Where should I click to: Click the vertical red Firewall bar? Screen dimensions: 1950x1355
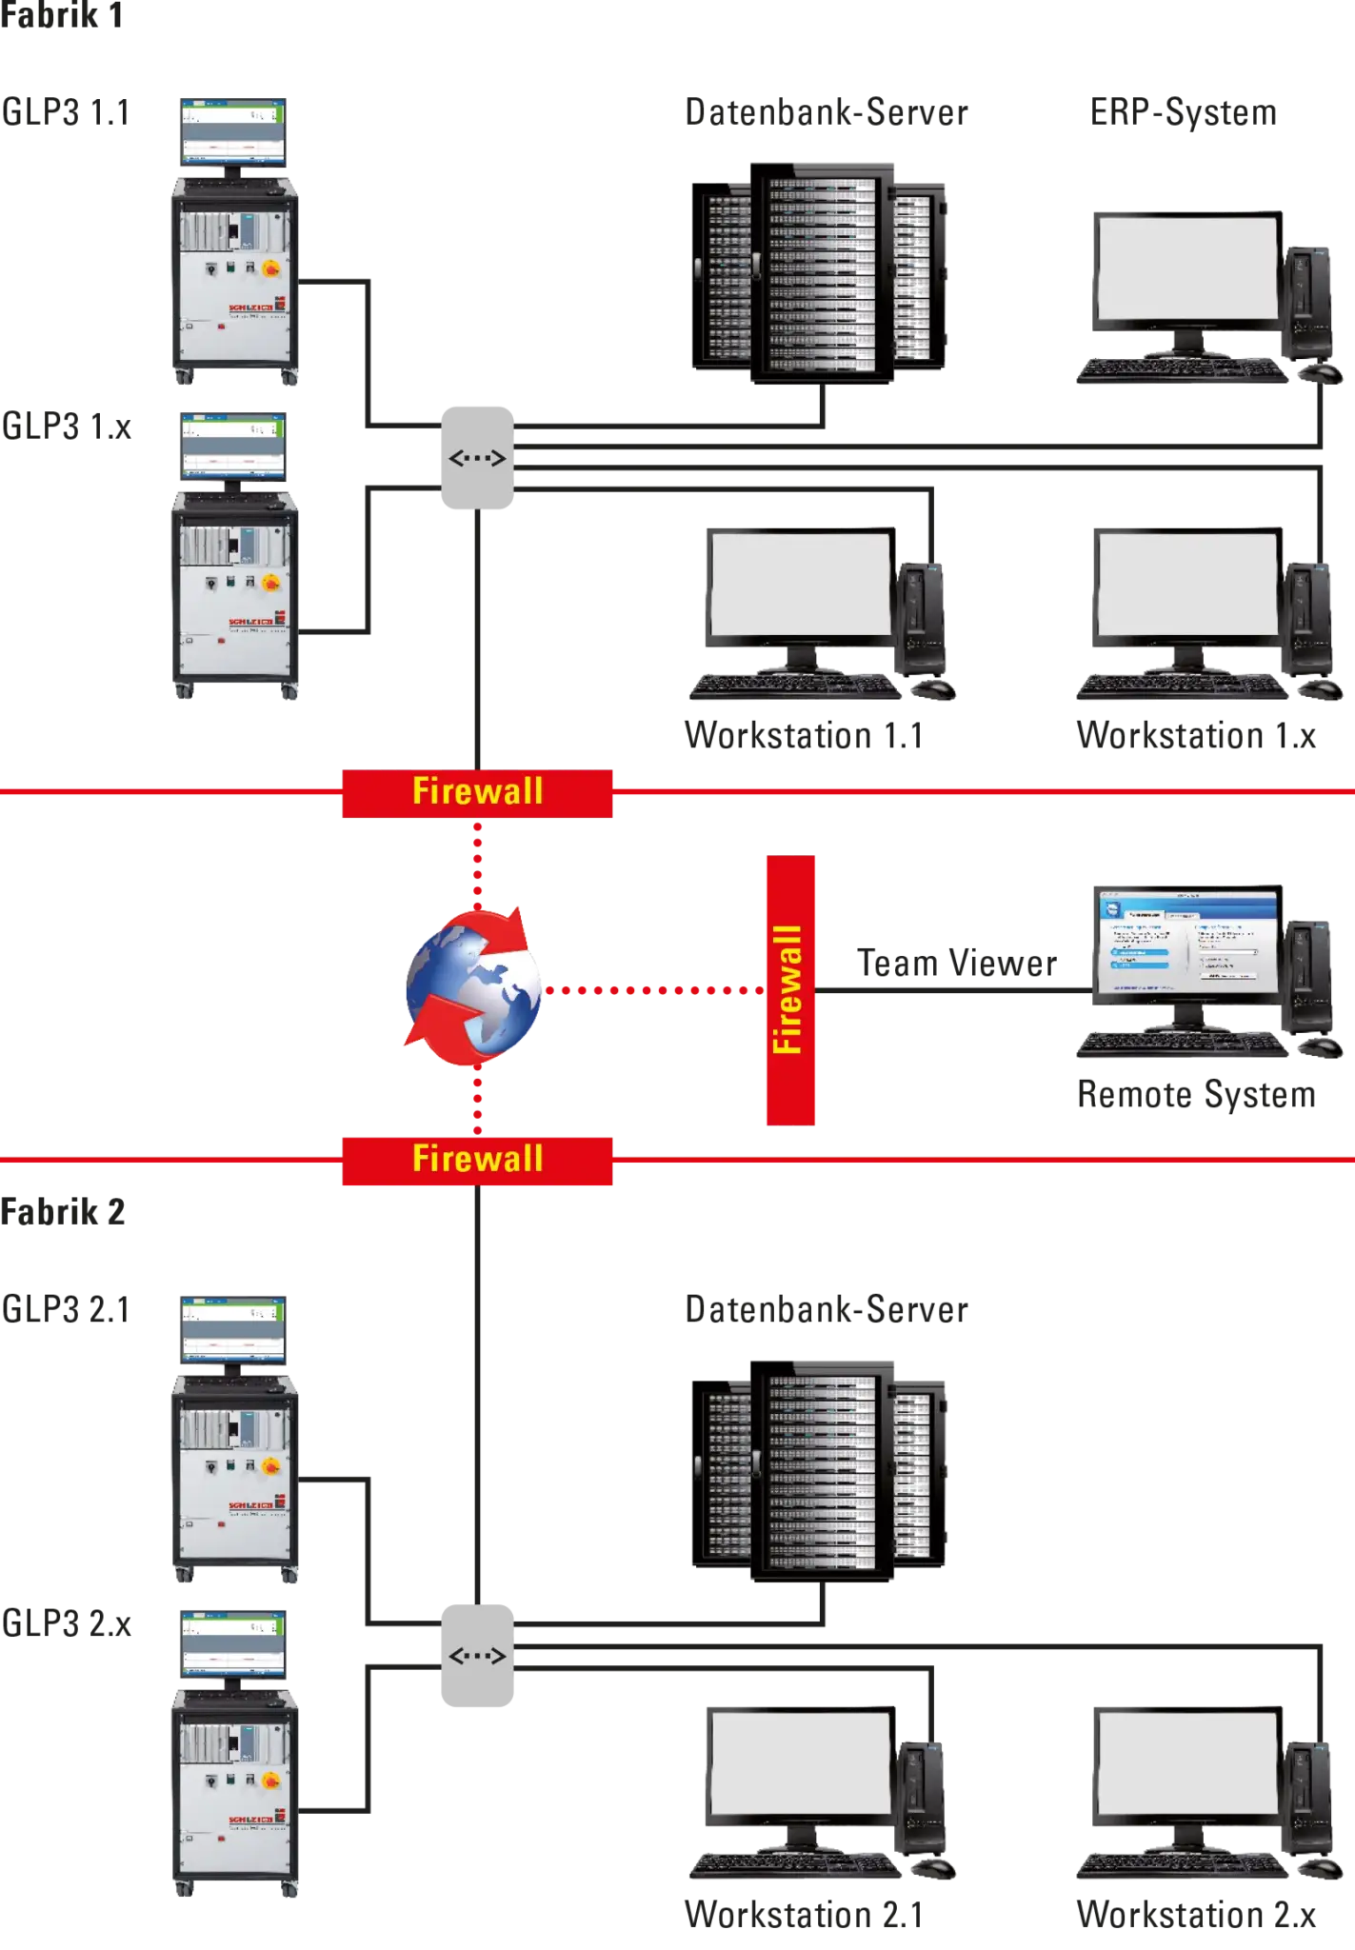click(x=791, y=989)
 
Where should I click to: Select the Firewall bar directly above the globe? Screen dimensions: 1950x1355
click(x=477, y=793)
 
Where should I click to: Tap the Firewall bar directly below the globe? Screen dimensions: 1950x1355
click(x=477, y=1160)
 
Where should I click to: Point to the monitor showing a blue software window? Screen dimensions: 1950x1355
click(x=1186, y=942)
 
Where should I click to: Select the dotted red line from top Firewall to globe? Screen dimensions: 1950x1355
click(x=478, y=863)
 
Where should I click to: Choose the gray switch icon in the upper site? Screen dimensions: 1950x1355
click(x=477, y=458)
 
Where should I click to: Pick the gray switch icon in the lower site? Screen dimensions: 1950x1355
click(x=477, y=1657)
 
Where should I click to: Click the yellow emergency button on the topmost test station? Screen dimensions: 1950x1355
click(x=270, y=269)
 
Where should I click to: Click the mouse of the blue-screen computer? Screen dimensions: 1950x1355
click(x=1321, y=1046)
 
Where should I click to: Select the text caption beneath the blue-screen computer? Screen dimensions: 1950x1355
click(x=1195, y=1095)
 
